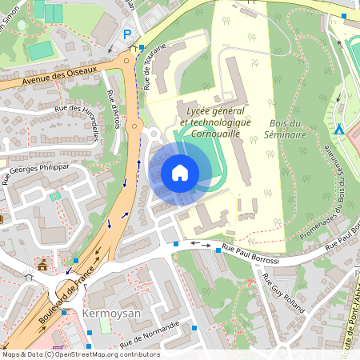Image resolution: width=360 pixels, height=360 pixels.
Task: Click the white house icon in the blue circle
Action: [x=180, y=172]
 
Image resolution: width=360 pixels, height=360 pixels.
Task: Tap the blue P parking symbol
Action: [x=127, y=34]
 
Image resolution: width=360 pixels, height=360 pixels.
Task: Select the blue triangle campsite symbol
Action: [x=338, y=128]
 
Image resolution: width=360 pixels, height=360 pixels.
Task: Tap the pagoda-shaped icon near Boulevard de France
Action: [x=42, y=263]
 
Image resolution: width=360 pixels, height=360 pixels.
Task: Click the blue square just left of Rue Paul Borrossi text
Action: [x=218, y=251]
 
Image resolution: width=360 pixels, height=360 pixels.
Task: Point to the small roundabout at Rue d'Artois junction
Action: [x=135, y=126]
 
